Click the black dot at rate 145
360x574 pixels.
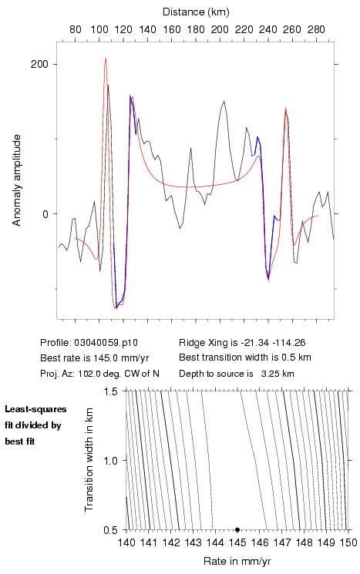coord(237,529)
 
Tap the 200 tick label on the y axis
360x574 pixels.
coord(39,64)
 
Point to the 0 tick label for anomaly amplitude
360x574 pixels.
coord(45,213)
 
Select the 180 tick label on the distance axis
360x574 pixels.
coord(196,29)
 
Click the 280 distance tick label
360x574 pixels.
coord(316,29)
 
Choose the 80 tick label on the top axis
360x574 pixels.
coord(75,29)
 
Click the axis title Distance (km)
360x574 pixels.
coord(196,12)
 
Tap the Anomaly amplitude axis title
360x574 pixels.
coord(16,180)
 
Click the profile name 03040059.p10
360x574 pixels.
coord(106,343)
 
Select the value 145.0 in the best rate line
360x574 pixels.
coord(105,357)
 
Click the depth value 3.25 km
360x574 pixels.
coord(278,374)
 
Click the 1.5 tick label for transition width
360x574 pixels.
coord(110,391)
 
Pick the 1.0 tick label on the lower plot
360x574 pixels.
coord(110,461)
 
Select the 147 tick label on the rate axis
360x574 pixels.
coord(281,542)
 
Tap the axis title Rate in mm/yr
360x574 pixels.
coord(237,561)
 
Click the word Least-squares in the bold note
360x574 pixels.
coord(35,409)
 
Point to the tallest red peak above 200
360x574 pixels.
coord(106,58)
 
